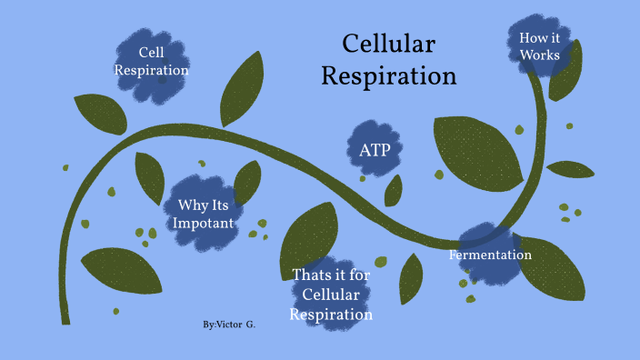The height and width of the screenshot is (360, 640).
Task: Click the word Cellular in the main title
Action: pos(389,45)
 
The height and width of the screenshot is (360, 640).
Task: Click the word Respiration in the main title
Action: pos(389,75)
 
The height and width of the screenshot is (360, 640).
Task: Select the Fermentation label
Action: pos(490,255)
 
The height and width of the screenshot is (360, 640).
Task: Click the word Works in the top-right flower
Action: pos(539,55)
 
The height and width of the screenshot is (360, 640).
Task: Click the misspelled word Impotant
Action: pos(208,223)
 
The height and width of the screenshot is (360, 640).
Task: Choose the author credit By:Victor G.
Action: pos(230,324)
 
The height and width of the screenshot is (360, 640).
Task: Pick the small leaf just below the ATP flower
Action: pos(394,190)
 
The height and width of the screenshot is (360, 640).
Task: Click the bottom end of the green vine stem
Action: pos(65,318)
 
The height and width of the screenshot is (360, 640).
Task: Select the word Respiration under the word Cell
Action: pos(151,70)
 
